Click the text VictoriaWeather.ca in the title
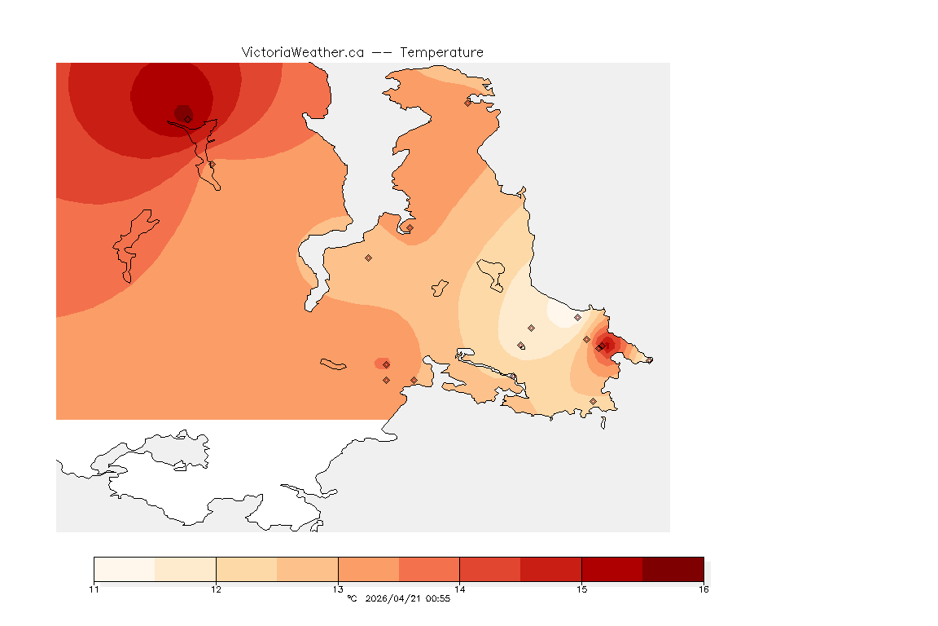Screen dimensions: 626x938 pos(302,52)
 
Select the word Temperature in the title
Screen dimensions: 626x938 pos(441,52)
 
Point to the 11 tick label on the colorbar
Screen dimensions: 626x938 pos(94,589)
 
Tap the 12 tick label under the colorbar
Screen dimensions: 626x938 pos(216,589)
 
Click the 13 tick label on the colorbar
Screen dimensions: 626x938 pos(338,589)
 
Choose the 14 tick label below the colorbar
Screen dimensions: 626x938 pos(459,589)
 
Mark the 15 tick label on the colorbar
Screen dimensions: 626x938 pos(581,589)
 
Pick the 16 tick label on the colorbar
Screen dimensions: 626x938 pos(703,589)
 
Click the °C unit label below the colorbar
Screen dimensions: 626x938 pos(352,599)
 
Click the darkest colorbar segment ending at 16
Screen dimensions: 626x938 pos(673,568)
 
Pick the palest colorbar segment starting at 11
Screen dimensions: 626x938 pos(124,568)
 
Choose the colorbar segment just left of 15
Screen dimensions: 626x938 pos(550,568)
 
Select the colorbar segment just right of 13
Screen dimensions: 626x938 pos(368,568)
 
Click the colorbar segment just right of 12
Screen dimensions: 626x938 pos(246,568)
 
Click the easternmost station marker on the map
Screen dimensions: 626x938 pos(649,359)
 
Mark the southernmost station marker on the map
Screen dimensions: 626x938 pos(593,401)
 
